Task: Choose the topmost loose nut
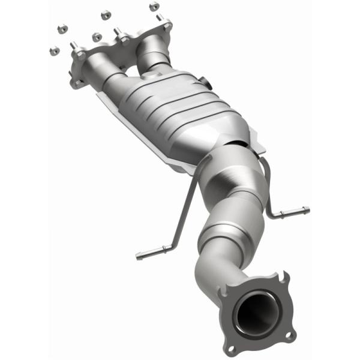tap(154, 6)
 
